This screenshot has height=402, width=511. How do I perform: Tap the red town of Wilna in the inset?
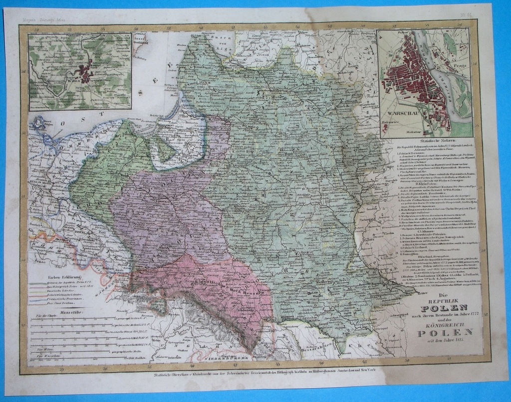86,76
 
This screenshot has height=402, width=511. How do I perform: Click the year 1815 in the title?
451,341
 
